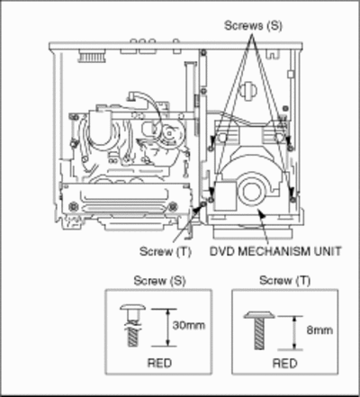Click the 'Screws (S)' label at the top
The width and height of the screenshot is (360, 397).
tap(254, 25)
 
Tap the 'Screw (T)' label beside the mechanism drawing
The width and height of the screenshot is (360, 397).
tap(166, 251)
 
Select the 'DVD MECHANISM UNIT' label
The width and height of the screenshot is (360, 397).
tap(275, 251)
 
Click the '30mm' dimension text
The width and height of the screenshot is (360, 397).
tap(189, 325)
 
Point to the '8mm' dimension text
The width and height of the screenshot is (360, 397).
tap(319, 330)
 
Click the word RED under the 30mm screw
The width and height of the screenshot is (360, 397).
tap(159, 363)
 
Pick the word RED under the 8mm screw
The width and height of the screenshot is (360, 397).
tap(284, 364)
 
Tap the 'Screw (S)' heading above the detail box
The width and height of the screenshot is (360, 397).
tap(159, 281)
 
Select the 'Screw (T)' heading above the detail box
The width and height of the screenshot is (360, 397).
tap(284, 280)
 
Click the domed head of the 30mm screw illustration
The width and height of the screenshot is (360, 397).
tap(133, 307)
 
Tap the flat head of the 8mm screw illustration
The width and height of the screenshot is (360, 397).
tap(259, 314)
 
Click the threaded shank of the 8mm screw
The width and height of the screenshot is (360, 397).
tap(259, 334)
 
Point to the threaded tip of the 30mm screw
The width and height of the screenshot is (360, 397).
tap(133, 337)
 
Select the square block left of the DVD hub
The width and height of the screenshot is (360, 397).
tap(225, 195)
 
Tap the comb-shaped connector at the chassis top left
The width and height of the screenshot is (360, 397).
tap(92, 56)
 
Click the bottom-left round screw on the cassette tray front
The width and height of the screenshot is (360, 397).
tap(73, 206)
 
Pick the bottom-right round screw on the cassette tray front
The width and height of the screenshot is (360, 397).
tap(173, 206)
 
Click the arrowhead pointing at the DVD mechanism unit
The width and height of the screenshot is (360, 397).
tap(262, 214)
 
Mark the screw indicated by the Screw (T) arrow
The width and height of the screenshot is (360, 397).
tap(204, 203)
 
